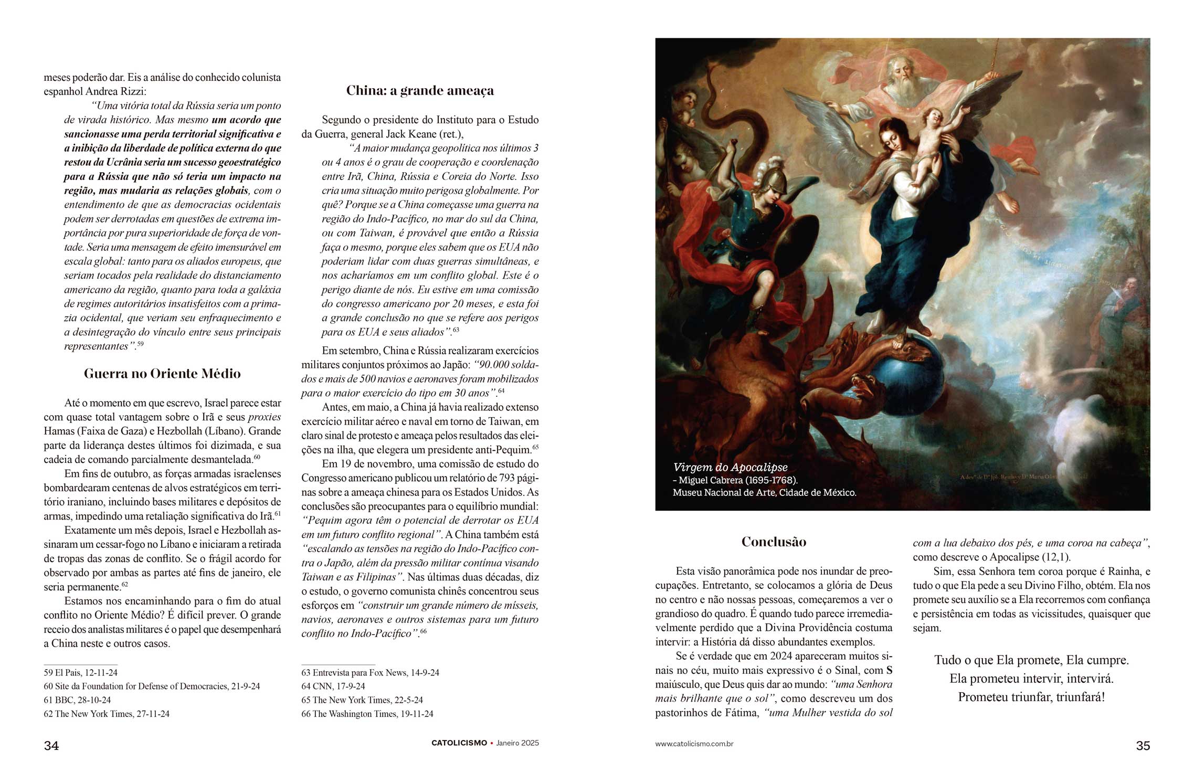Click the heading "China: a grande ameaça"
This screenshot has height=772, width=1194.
pyautogui.click(x=420, y=91)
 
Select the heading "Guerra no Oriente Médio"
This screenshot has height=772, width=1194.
pyautogui.click(x=162, y=374)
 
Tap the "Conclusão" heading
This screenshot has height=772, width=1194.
pyautogui.click(x=774, y=542)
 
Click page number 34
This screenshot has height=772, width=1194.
pyautogui.click(x=51, y=746)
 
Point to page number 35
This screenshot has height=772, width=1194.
pyautogui.click(x=1143, y=746)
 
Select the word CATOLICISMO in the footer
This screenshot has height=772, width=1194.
pyautogui.click(x=459, y=743)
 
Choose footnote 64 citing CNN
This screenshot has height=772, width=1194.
pyautogui.click(x=333, y=686)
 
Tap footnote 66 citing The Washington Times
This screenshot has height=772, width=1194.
pyautogui.click(x=367, y=714)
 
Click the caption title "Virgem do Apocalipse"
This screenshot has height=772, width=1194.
pyautogui.click(x=730, y=468)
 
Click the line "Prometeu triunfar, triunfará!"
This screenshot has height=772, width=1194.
pyautogui.click(x=1031, y=697)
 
